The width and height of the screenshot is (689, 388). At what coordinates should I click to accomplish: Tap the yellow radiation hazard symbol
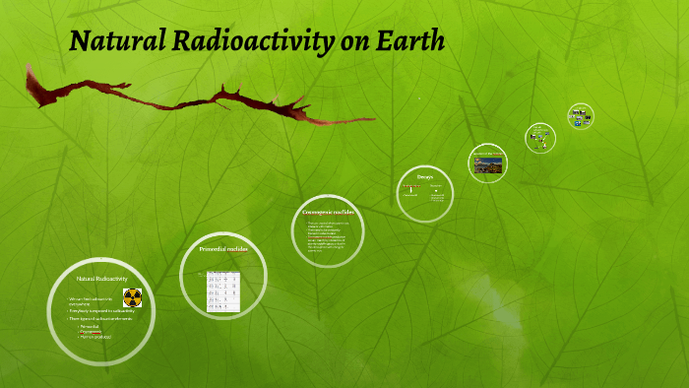tap(132, 297)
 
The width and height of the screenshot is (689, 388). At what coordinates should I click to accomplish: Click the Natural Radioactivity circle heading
tap(102, 279)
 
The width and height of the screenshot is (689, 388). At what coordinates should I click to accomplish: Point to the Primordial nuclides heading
tap(224, 250)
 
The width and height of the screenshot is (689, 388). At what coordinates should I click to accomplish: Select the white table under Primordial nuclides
tap(222, 291)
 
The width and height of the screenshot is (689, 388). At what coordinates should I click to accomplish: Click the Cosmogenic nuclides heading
tap(328, 212)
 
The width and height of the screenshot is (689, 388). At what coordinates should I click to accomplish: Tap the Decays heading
tap(424, 177)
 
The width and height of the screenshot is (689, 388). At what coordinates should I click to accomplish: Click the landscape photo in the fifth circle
tap(487, 164)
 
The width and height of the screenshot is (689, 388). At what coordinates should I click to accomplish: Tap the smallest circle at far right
tap(580, 116)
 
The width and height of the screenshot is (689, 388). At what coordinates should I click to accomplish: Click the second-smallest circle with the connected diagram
tap(539, 138)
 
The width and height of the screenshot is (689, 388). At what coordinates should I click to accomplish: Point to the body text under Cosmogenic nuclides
tap(328, 236)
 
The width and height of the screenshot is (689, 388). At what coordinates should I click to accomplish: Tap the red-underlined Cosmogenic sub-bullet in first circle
tap(92, 332)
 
